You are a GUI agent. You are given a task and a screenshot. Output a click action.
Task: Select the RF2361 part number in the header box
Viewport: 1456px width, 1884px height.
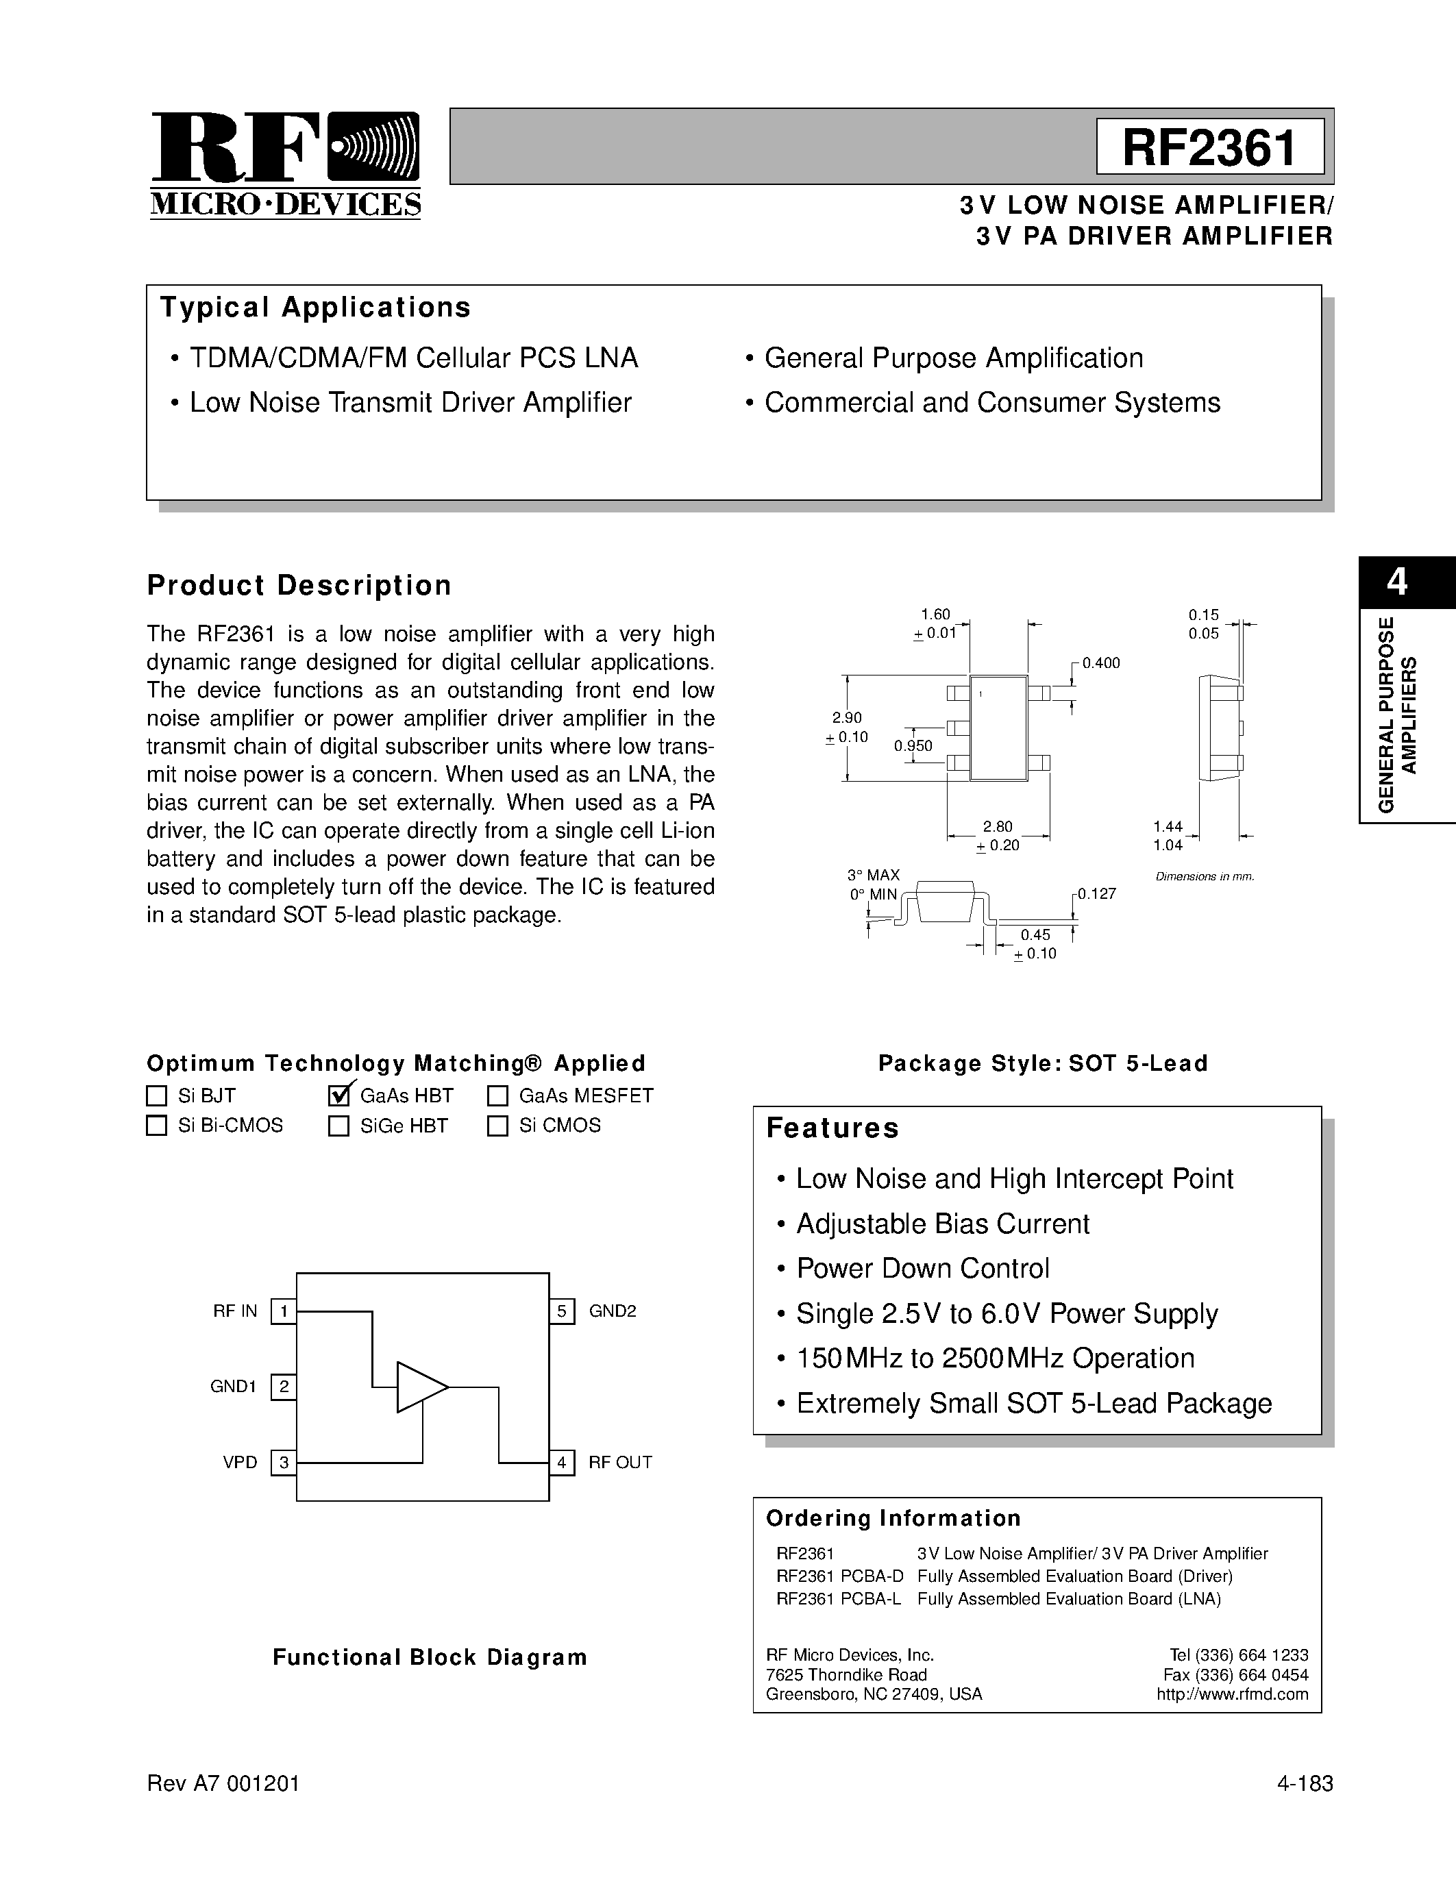click(x=1209, y=147)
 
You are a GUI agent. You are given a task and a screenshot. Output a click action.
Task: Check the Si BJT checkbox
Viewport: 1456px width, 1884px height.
click(x=156, y=1095)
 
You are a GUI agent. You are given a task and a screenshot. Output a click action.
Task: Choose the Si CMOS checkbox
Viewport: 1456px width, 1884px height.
click(x=497, y=1126)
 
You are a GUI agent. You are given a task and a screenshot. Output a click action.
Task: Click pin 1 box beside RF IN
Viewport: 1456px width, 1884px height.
click(x=284, y=1312)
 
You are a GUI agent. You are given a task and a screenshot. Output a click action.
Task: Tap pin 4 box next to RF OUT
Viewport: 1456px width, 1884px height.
click(x=562, y=1462)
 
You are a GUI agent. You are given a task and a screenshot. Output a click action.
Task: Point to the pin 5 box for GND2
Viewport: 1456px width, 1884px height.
click(x=562, y=1312)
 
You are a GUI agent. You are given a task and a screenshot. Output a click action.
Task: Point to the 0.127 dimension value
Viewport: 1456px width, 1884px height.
click(x=1096, y=893)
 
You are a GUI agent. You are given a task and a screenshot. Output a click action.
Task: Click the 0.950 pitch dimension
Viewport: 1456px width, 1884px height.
click(x=913, y=746)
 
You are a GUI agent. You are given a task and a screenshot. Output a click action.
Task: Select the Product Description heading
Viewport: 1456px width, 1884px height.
click(x=299, y=586)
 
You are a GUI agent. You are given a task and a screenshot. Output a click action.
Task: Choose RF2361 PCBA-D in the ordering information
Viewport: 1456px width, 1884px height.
click(x=839, y=1576)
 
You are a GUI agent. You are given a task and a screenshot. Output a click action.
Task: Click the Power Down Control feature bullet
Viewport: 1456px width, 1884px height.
click(x=922, y=1268)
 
